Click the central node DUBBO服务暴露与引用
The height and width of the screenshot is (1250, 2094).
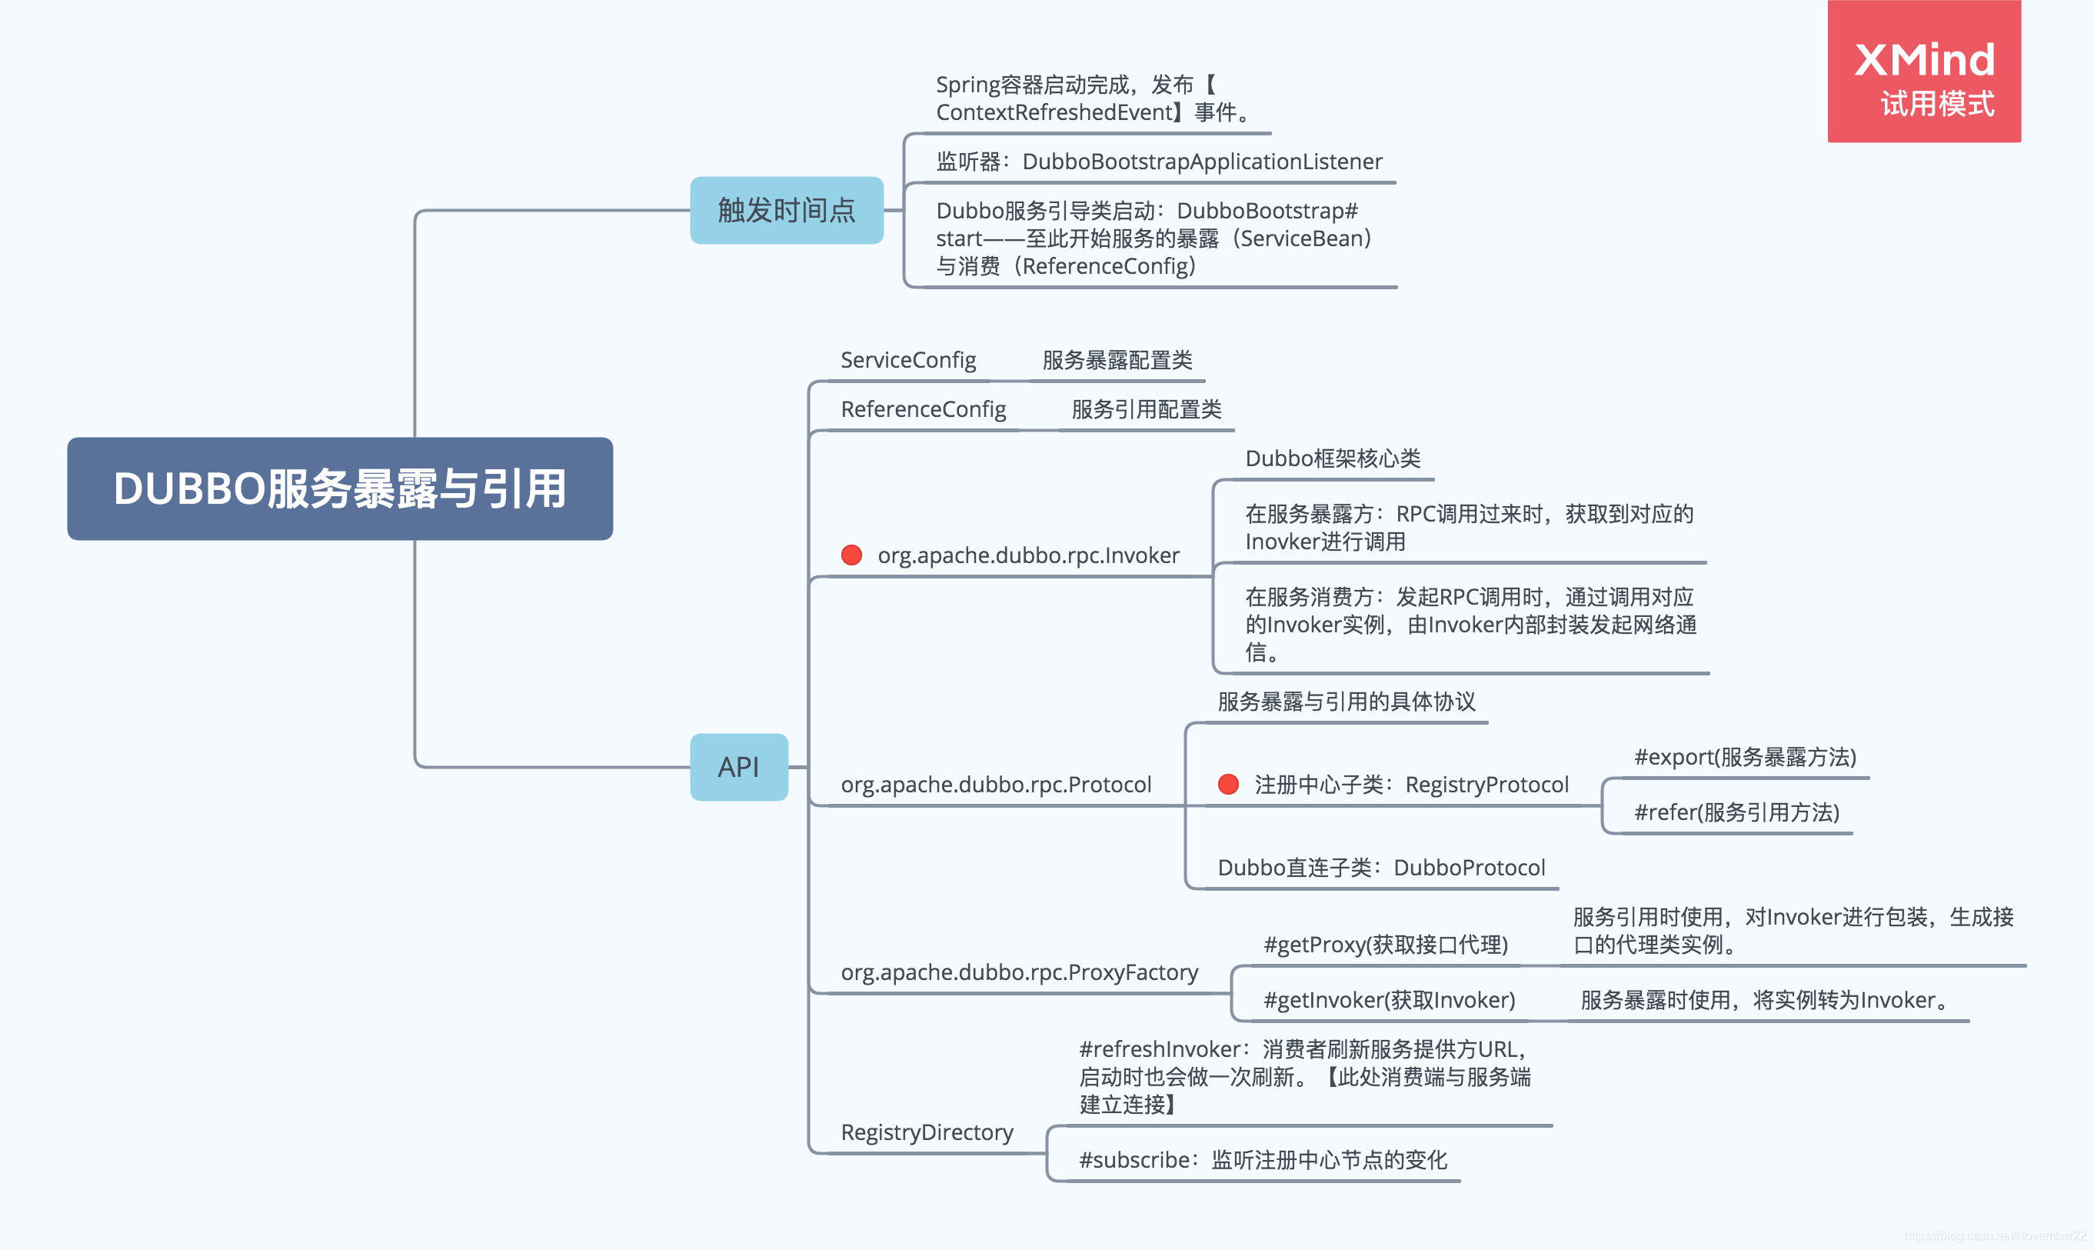339,488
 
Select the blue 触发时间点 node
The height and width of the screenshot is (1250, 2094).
786,210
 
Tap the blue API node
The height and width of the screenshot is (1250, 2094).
738,766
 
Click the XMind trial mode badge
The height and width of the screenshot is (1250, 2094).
1923,72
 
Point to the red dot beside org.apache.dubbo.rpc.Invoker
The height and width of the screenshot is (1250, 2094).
851,555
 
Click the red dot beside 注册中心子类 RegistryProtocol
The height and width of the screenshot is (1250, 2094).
1227,784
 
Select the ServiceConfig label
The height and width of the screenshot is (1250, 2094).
907,361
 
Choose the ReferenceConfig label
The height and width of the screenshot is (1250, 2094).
923,409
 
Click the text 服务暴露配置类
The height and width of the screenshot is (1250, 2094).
1117,361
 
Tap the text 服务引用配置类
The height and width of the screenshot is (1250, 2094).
1146,409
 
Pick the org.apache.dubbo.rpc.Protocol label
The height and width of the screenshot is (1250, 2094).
995,784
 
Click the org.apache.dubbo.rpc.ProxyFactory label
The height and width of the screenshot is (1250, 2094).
1019,972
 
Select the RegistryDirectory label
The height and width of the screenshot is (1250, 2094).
926,1132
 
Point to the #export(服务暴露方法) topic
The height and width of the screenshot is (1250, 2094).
1745,757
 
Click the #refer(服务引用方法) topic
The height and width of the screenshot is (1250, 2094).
1736,812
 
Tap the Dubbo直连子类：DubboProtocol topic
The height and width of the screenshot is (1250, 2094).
1381,868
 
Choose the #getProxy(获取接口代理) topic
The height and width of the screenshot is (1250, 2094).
1385,945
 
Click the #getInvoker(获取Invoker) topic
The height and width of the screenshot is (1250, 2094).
1388,1000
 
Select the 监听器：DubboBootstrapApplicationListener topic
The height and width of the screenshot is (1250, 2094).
1159,162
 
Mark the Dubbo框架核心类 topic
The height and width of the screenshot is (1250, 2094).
1332,458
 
